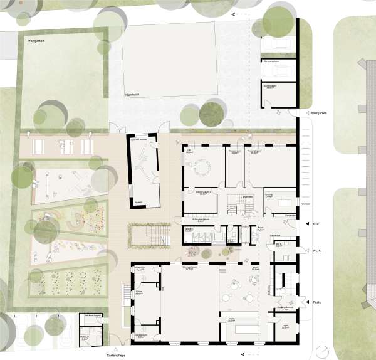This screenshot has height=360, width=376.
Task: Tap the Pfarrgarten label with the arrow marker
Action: click(320, 113)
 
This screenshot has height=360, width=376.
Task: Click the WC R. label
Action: click(318, 251)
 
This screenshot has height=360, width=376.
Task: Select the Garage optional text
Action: click(270, 61)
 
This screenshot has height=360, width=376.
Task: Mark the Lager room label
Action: click(285, 326)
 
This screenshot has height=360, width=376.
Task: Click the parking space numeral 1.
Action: click(14, 317)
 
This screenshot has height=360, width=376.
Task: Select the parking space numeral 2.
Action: click(36, 317)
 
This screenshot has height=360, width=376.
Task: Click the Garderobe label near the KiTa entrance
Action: click(274, 236)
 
